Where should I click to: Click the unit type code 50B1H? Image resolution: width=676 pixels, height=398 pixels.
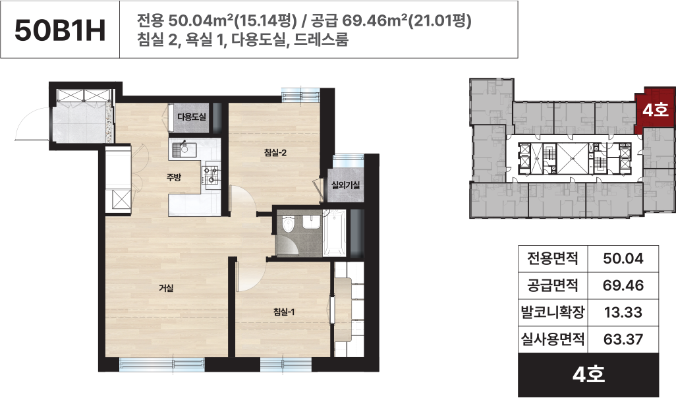point(60,30)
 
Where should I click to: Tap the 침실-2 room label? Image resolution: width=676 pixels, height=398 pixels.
point(275,152)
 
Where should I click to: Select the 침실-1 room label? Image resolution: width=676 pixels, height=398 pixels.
point(284,311)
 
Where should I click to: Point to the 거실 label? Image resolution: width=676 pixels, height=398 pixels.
point(167,287)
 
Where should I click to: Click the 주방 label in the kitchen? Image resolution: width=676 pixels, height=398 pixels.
point(174,177)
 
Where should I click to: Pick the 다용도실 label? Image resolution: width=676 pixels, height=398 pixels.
point(192,117)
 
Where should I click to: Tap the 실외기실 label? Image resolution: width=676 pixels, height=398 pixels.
point(346,185)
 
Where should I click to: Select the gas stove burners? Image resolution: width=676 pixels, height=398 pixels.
point(211,174)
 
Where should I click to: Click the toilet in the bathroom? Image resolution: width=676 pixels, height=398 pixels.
point(287,225)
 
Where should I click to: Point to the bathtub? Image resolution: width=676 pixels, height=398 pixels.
point(335,233)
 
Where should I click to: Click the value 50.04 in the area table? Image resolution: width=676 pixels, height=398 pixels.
point(623,259)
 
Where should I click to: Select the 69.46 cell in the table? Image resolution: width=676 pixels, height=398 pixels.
point(623,285)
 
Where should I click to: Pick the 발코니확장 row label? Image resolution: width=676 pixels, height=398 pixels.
point(553,312)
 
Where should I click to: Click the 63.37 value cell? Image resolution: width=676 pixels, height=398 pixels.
point(623,339)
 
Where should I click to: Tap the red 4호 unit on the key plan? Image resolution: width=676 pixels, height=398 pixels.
point(656,110)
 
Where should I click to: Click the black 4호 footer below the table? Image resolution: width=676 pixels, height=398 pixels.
point(588,374)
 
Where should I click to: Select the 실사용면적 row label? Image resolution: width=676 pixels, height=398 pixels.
point(553,339)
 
